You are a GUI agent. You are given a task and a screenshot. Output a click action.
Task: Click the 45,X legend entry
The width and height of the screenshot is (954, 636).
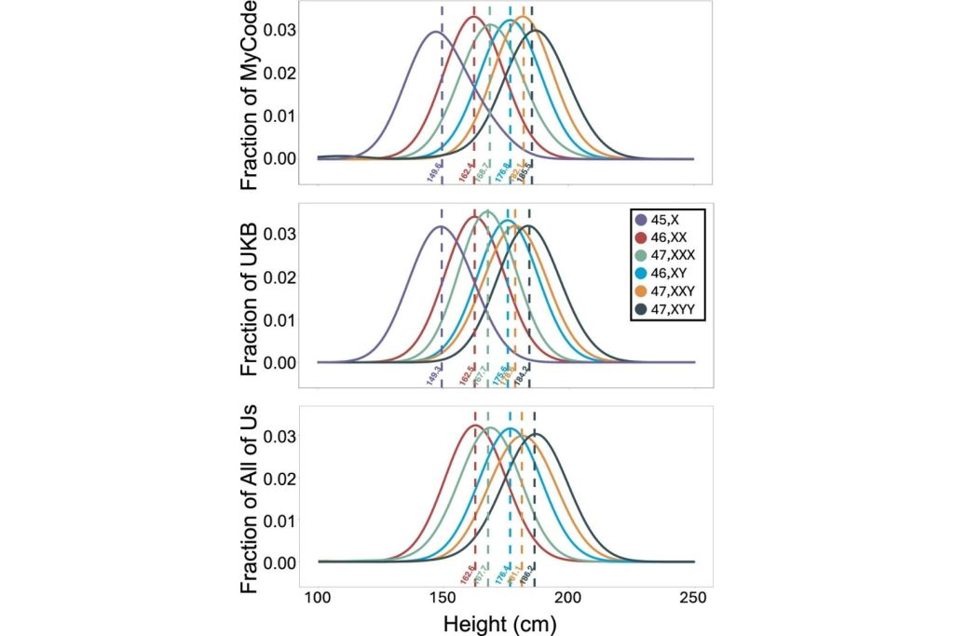point(662,220)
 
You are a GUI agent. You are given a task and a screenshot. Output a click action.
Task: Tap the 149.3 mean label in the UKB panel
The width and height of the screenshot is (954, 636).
point(433,374)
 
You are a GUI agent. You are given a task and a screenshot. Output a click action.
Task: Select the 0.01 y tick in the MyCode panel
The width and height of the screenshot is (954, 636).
point(282,115)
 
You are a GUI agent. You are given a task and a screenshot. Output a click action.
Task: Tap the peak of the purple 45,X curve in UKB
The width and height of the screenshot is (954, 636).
point(441,226)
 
